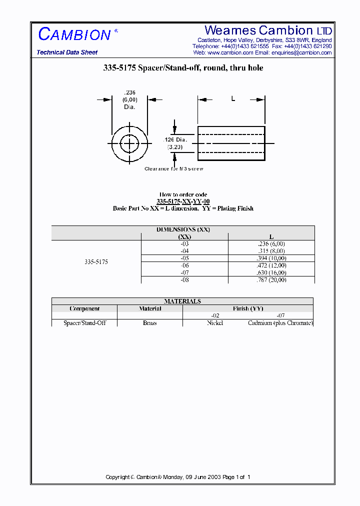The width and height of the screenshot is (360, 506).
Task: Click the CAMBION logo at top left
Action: point(74,34)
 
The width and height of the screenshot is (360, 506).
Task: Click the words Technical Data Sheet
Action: point(67,52)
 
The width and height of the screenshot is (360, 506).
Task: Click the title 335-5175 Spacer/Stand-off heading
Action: point(183,68)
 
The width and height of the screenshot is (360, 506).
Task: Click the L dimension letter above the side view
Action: point(232,99)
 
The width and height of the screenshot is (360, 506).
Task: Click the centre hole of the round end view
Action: point(130,144)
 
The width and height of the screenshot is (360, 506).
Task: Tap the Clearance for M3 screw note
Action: point(174,169)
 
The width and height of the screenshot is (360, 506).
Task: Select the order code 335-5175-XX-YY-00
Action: point(183,201)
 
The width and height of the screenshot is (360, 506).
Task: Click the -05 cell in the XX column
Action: point(184,258)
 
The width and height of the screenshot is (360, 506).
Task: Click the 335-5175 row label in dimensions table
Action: point(96,261)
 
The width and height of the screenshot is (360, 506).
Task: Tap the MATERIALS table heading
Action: point(182,301)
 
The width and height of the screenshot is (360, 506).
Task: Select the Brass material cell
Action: point(150,323)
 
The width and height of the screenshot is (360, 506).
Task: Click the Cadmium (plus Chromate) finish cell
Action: point(280,323)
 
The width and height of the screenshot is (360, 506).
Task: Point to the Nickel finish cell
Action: point(215,323)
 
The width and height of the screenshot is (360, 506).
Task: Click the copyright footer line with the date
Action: point(178,477)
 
